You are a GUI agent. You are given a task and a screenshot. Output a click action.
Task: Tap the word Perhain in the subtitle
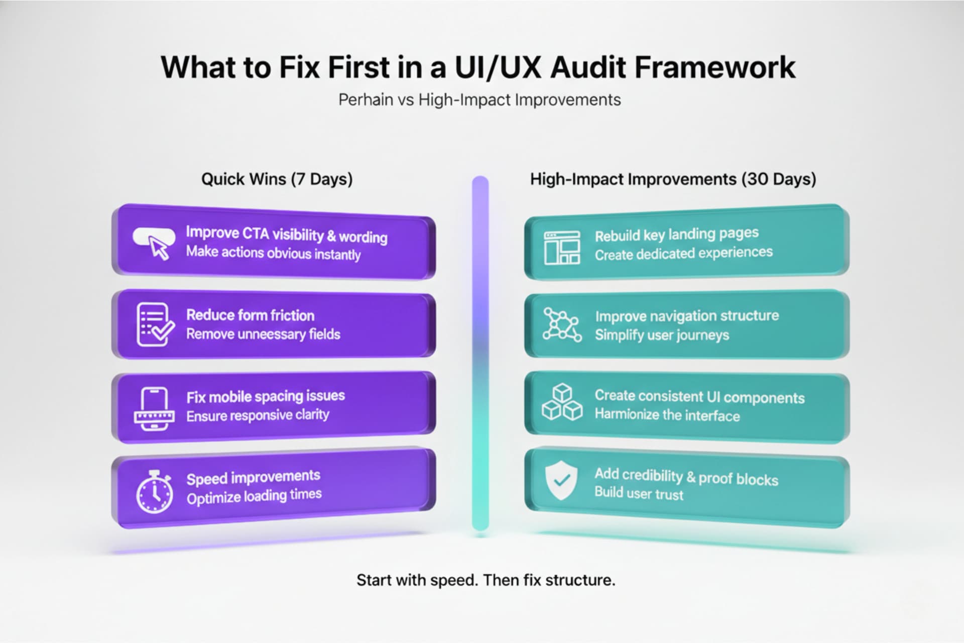(366, 100)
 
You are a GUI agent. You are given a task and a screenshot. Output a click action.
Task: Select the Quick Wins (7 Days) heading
(277, 179)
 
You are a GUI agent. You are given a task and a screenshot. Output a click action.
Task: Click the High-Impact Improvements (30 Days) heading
(673, 179)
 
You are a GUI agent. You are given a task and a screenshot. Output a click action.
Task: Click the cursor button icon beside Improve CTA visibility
(154, 243)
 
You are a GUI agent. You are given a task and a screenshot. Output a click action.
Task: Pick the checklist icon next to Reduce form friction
(155, 324)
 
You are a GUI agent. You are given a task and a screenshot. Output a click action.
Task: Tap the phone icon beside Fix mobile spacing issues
(155, 409)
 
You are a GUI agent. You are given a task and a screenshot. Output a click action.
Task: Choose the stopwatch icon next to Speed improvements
(154, 492)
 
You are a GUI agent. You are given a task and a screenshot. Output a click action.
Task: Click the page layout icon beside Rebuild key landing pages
(562, 248)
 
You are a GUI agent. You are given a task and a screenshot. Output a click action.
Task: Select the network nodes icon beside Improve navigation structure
(562, 325)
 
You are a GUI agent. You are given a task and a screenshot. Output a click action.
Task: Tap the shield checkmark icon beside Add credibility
(561, 481)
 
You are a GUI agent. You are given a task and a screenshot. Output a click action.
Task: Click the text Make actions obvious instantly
(273, 253)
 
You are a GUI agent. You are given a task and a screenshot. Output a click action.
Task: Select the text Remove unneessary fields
(263, 335)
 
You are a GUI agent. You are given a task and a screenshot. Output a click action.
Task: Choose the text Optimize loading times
(254, 496)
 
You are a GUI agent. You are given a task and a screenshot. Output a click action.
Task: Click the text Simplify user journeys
(662, 335)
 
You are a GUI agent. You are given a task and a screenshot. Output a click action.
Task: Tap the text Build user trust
(639, 493)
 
